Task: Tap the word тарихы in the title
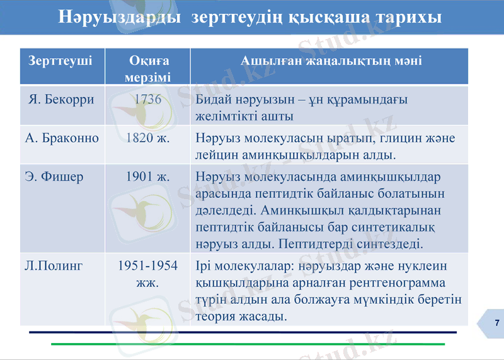408,17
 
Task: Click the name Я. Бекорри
62,99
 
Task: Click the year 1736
148,99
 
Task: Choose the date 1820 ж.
148,137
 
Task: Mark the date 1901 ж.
148,177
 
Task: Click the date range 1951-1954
148,265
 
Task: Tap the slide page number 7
497,323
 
